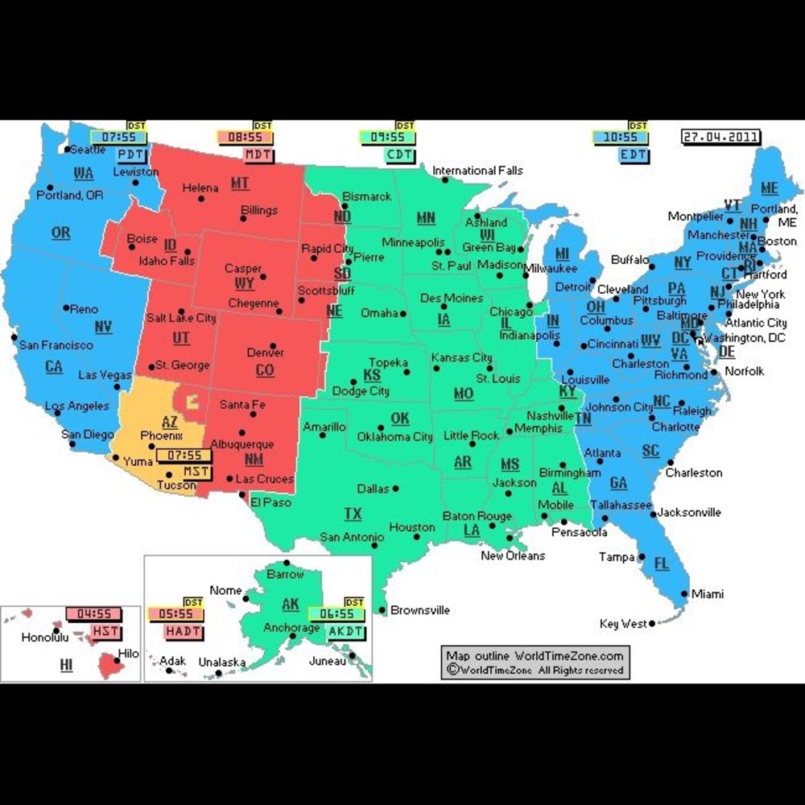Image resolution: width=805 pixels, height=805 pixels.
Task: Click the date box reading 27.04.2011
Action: click(720, 137)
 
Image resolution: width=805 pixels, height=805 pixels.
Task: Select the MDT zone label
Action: click(258, 155)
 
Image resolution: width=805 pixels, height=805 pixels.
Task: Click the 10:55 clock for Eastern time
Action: click(620, 138)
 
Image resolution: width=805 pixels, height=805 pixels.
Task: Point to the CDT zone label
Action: click(399, 155)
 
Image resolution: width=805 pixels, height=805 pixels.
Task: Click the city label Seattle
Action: click(88, 150)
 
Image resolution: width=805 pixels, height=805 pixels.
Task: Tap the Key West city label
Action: click(623, 624)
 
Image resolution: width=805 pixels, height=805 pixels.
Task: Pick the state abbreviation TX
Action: click(353, 514)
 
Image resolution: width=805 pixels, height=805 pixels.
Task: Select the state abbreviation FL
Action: click(661, 563)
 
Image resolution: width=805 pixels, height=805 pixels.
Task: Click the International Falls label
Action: click(477, 171)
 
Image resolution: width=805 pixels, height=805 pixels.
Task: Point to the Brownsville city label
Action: click(420, 610)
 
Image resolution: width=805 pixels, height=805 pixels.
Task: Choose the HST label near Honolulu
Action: click(106, 631)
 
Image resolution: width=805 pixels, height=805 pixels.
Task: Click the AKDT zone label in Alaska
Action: click(345, 632)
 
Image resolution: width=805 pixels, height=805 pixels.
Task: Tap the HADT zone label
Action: click(184, 632)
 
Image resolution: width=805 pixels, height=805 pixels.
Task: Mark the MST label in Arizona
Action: click(196, 471)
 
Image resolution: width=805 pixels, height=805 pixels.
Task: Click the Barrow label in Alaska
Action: click(286, 575)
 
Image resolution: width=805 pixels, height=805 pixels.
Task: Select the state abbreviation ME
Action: click(770, 188)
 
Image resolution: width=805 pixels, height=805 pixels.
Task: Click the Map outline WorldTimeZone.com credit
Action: click(535, 655)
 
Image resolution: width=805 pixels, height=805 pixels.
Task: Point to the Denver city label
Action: click(266, 353)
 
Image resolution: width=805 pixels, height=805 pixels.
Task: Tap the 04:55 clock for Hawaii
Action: click(93, 614)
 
